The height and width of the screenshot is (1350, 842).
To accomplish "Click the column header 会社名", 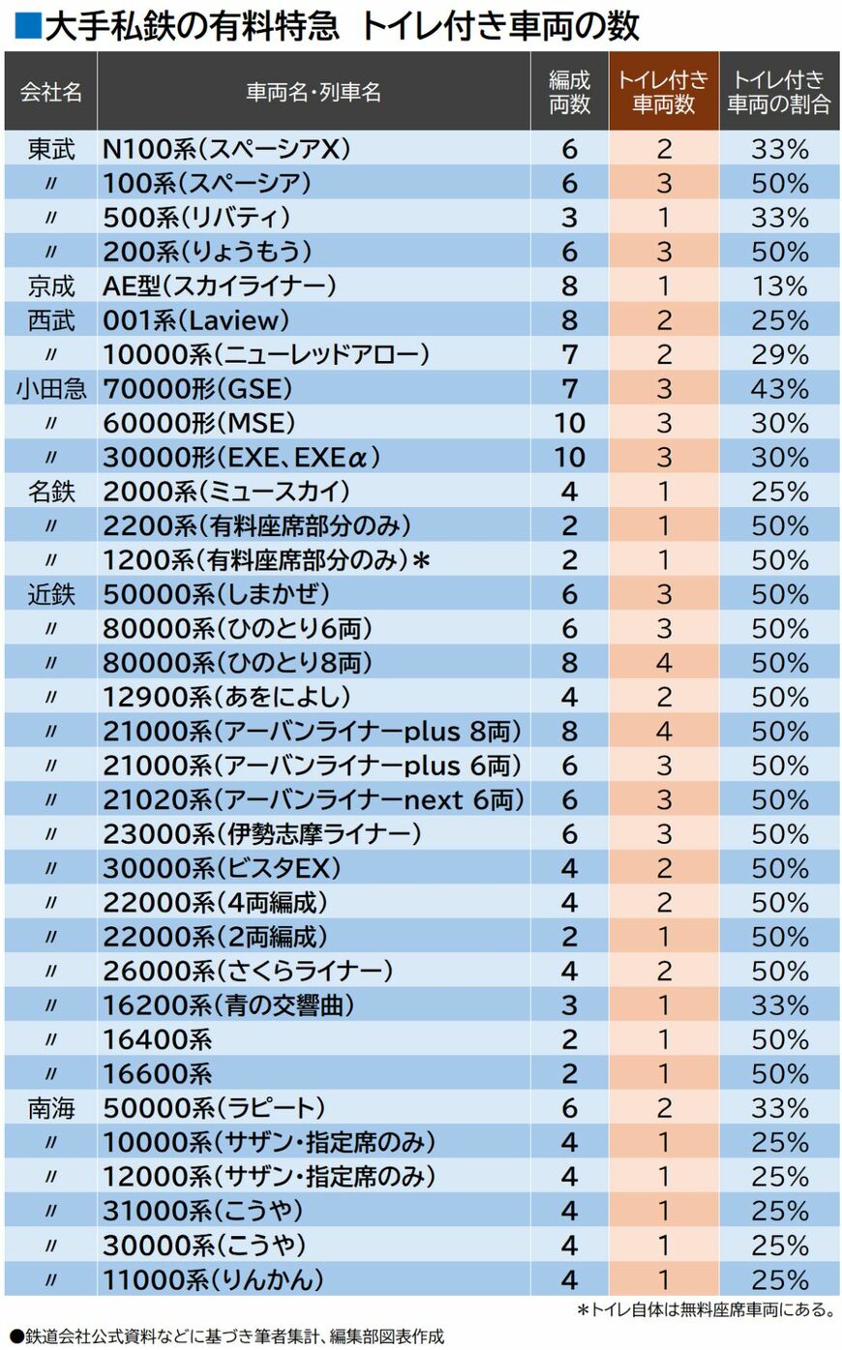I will [x=51, y=92].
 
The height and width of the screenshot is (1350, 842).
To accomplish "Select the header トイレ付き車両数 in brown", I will [x=663, y=92].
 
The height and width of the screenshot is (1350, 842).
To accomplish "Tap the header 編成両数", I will [x=569, y=92].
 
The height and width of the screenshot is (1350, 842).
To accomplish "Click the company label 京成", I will [x=51, y=286].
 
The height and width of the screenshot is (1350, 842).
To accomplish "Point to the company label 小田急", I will [x=51, y=389].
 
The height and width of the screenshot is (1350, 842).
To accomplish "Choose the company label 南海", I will [x=51, y=1108].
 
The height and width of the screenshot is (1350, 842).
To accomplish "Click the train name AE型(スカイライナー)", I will [x=220, y=286].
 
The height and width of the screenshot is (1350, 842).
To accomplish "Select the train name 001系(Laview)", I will [x=196, y=320].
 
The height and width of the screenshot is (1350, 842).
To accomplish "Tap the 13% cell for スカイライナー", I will [x=779, y=286].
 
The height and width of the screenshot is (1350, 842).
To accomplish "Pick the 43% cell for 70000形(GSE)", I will [x=779, y=389].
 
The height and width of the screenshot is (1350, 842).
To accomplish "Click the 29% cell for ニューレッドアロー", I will [x=779, y=355].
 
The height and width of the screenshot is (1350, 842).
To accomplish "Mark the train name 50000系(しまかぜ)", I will [x=217, y=594].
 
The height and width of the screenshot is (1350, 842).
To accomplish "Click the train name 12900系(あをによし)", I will [x=226, y=697].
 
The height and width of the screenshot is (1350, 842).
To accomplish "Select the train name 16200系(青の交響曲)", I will [x=228, y=1005].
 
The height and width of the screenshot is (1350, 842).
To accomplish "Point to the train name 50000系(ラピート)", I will [x=214, y=1108].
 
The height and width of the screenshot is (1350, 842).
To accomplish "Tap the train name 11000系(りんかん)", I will [x=213, y=1279].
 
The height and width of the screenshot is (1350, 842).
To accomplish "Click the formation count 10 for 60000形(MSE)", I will [x=569, y=423].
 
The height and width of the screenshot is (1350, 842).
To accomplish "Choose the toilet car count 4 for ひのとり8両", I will [x=663, y=663].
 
